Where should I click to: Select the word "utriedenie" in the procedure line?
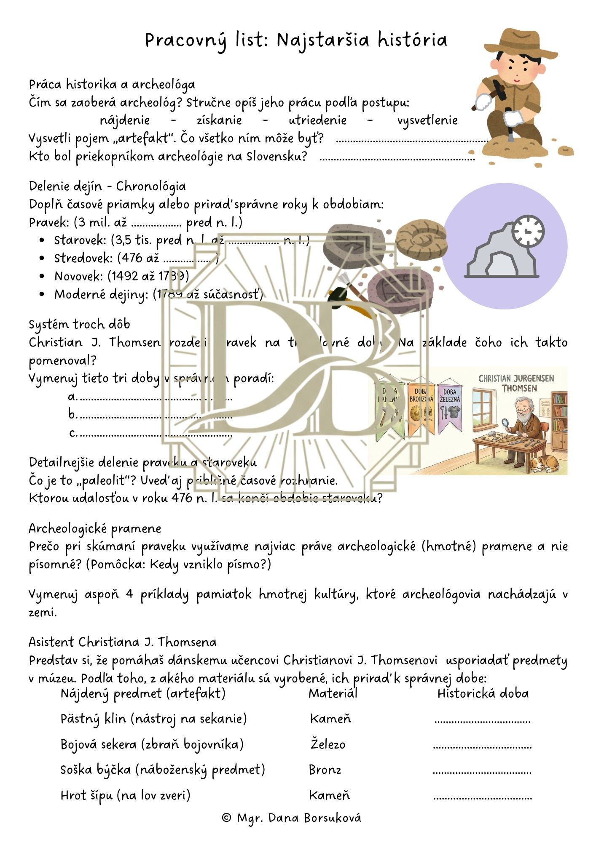point(317,120)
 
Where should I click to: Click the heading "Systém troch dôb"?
point(79,324)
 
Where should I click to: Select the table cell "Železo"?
point(328,744)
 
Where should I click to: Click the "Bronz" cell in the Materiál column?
point(325,770)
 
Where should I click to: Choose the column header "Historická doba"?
point(483,693)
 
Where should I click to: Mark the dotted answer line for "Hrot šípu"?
point(482,797)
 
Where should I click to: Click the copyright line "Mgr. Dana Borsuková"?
point(291,818)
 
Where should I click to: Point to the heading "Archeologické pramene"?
point(95,528)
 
